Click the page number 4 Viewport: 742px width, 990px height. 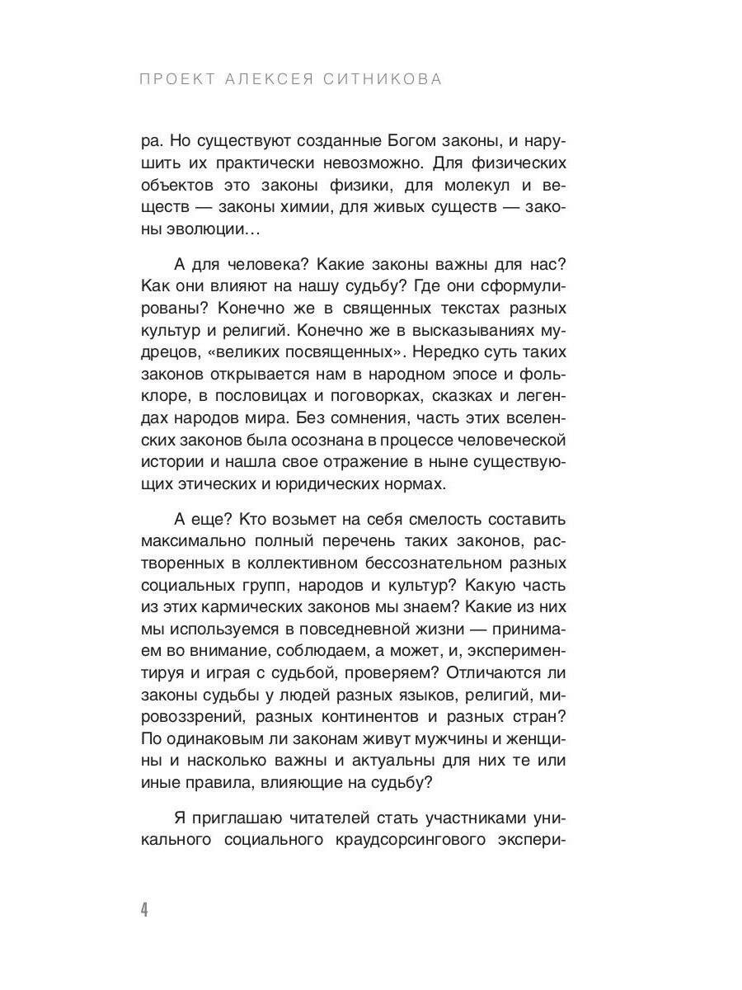coord(144,910)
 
